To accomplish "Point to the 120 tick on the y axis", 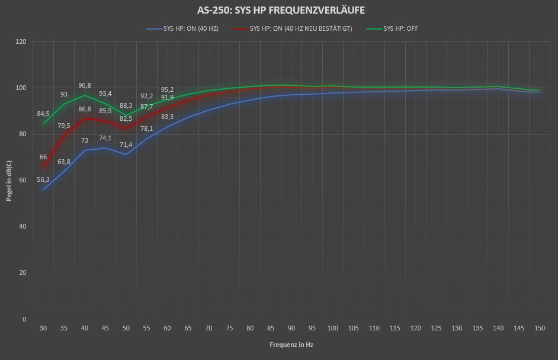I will pyautogui.click(x=21, y=42).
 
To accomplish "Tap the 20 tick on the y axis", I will pyautogui.click(x=23, y=273).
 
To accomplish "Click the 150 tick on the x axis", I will pyautogui.click(x=539, y=327).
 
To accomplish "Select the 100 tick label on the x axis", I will pyautogui.click(x=332, y=327).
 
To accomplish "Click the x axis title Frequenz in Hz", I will pyautogui.click(x=291, y=344).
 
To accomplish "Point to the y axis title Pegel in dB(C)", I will pyautogui.click(x=9, y=180).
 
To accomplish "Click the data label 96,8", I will pyautogui.click(x=85, y=85).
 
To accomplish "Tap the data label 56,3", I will pyautogui.click(x=43, y=179).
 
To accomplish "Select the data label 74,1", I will pyautogui.click(x=105, y=138).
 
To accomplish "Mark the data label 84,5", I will pyautogui.click(x=43, y=114).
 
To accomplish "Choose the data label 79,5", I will pyautogui.click(x=64, y=126).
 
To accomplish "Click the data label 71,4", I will pyautogui.click(x=126, y=144).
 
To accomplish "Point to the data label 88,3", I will pyautogui.click(x=126, y=105).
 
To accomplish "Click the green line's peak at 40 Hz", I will pyautogui.click(x=85, y=95).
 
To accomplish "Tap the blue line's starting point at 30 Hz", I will pyautogui.click(x=43, y=189).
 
